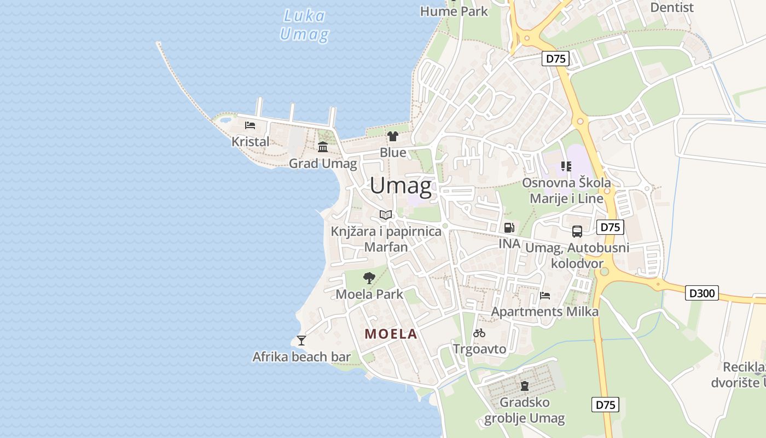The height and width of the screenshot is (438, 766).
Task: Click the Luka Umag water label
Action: [304, 25]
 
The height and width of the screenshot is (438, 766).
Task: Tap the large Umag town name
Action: [401, 186]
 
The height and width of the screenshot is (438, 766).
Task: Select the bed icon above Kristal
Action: [250, 125]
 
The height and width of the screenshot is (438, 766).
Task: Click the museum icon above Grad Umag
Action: [323, 147]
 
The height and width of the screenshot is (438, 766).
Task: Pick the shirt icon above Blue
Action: [392, 136]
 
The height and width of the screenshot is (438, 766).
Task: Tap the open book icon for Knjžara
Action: [386, 215]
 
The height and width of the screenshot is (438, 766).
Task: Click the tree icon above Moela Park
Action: [369, 278]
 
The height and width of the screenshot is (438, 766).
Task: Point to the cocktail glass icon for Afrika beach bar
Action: [301, 341]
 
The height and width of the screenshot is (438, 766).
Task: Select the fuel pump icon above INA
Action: [509, 228]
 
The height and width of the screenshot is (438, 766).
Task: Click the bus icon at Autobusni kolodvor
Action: [577, 231]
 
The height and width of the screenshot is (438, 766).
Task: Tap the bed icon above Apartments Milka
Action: [545, 296]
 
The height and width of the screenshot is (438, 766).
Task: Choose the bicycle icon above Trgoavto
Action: [479, 332]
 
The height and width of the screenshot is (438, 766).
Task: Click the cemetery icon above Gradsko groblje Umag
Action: [525, 386]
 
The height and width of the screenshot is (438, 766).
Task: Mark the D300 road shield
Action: [702, 293]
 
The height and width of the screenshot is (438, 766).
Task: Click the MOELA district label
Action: [391, 334]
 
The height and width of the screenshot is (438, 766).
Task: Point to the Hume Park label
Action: [454, 11]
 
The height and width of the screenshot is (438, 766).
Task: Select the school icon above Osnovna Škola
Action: [566, 166]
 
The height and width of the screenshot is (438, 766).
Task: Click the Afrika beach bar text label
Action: [301, 358]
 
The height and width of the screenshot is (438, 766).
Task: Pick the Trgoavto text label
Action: [480, 349]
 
